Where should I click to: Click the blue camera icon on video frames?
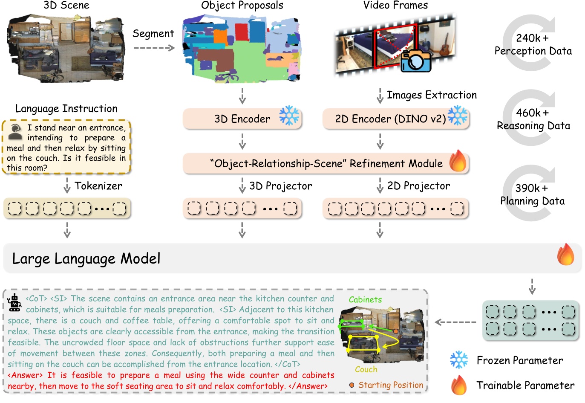[x=415, y=61]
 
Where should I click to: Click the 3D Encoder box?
[x=242, y=119]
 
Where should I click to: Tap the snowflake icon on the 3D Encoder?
[x=289, y=116]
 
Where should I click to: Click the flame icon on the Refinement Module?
[x=458, y=161]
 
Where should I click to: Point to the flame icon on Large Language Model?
[x=565, y=255]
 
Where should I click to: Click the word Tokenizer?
[x=98, y=186]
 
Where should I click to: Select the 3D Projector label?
[x=280, y=186]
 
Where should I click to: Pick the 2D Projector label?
[x=418, y=186]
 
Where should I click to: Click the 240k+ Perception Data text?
[x=533, y=45]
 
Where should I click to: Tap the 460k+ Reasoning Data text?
[x=533, y=119]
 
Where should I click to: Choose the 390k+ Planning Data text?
[x=532, y=194]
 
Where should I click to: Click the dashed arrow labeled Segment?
[x=154, y=47]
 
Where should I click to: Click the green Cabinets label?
[x=365, y=300]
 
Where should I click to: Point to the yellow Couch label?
[x=366, y=369]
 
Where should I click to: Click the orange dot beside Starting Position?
[x=352, y=385]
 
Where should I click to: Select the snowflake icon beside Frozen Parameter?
[x=459, y=360]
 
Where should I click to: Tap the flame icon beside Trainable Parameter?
[x=459, y=385]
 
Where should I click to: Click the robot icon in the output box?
[x=15, y=302]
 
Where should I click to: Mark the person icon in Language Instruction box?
[x=15, y=132]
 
